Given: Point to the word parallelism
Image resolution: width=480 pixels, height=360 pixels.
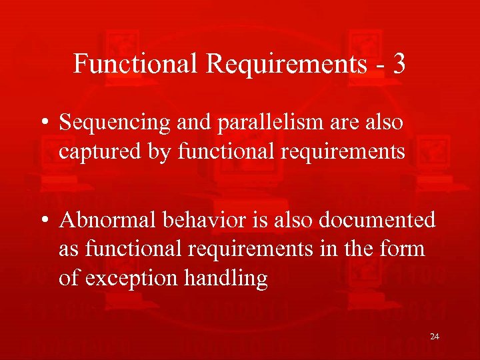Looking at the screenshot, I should (267, 124).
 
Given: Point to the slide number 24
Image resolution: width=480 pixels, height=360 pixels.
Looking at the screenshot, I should (434, 337).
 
